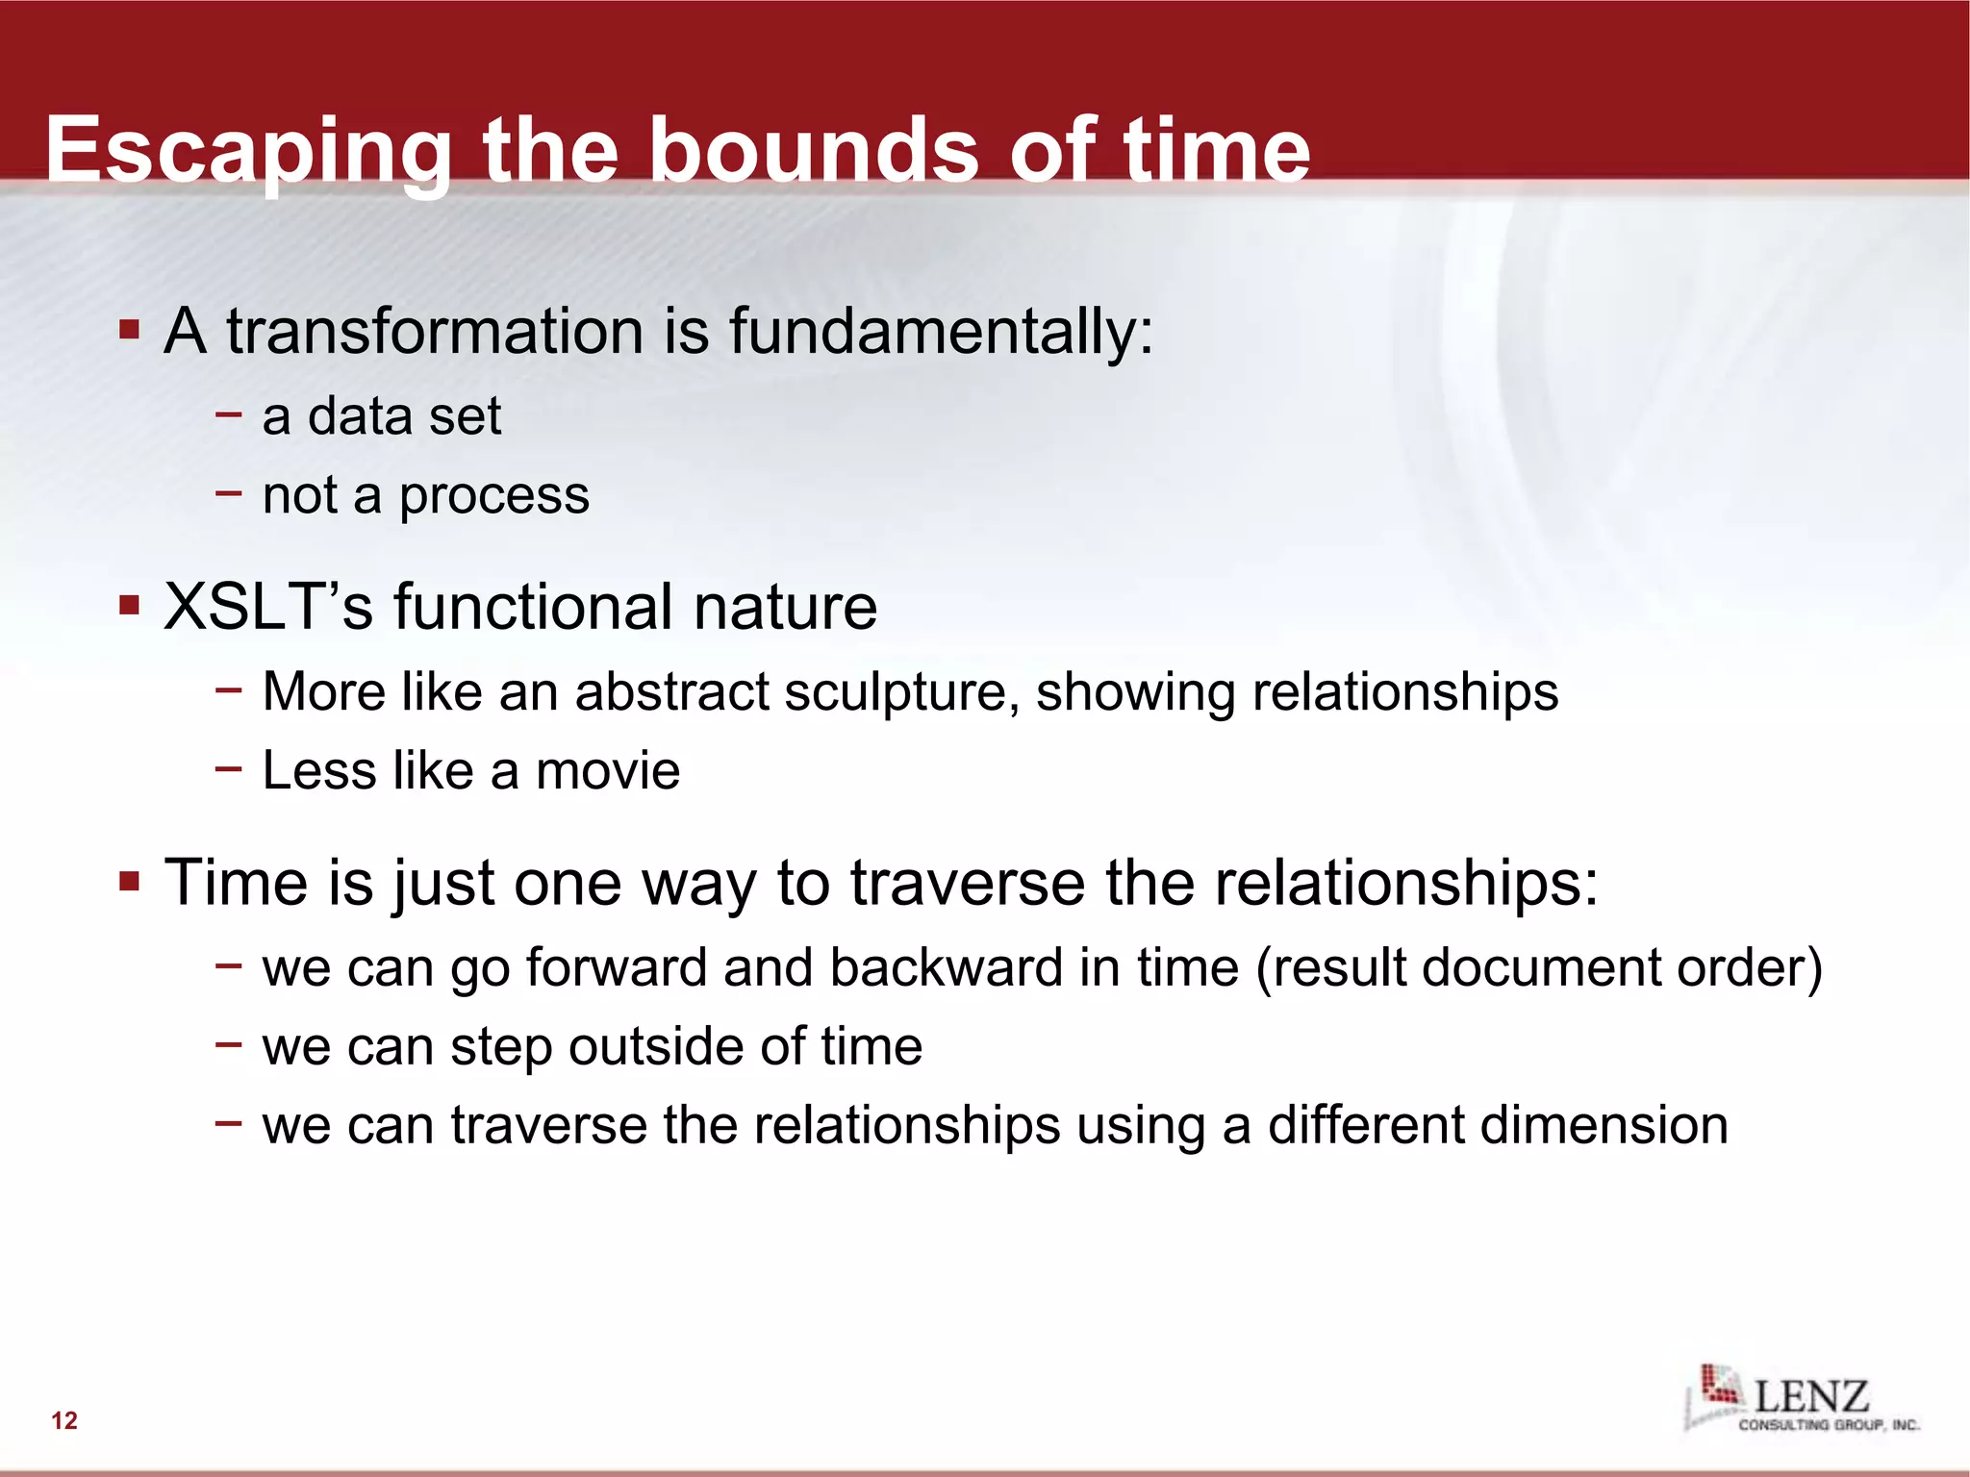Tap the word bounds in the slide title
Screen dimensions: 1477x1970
pos(816,151)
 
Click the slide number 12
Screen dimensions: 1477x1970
pos(64,1420)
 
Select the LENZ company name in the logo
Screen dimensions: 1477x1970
pos(1811,1395)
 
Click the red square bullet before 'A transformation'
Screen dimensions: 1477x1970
pos(130,331)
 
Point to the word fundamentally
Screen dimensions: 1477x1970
pos(940,332)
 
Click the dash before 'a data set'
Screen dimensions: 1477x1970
pos(229,415)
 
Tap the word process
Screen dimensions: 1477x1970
pos(493,496)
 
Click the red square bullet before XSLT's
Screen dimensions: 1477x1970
pos(130,607)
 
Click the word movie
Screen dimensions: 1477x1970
pos(607,771)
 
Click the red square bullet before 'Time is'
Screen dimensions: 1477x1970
pos(130,882)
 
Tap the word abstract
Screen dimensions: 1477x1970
pos(671,692)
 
